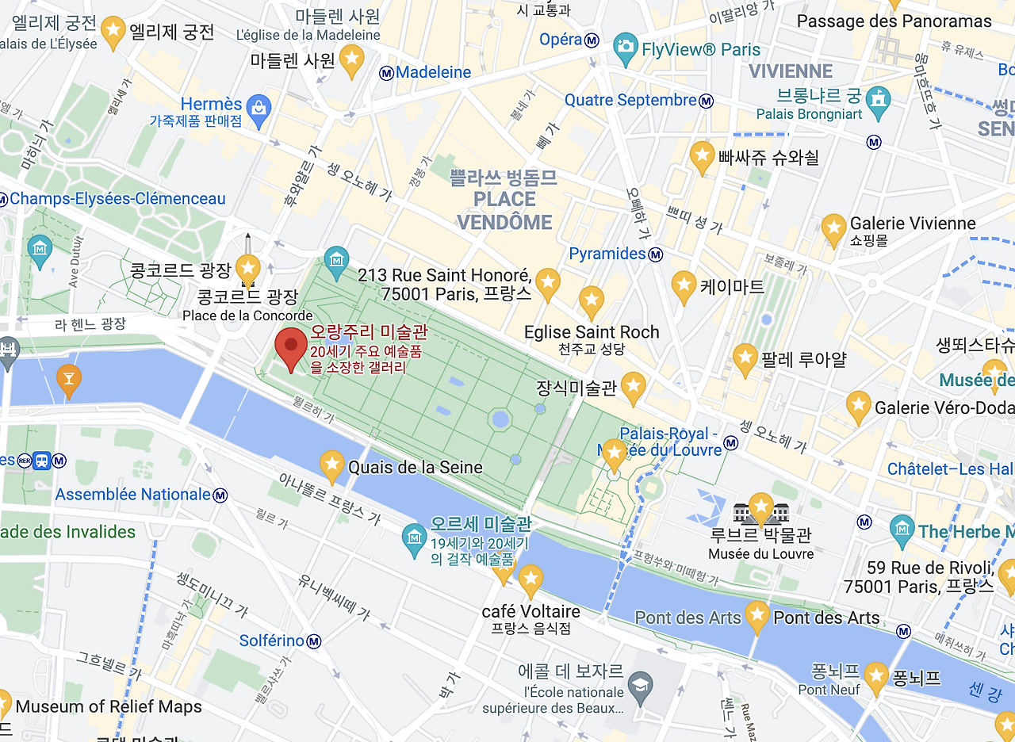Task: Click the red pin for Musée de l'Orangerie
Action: [291, 346]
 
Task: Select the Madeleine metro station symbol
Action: [386, 73]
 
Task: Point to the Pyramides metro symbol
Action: [656, 254]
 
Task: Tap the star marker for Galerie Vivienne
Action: [833, 228]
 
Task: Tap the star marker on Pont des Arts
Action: [756, 615]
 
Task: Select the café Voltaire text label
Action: [530, 612]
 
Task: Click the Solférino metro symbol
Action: [314, 641]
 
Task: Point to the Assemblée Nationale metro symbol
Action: [220, 495]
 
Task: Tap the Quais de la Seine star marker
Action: [331, 464]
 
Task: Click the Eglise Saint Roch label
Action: [592, 332]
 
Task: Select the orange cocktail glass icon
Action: [69, 379]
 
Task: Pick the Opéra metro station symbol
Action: [592, 40]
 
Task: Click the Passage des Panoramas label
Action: [894, 21]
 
